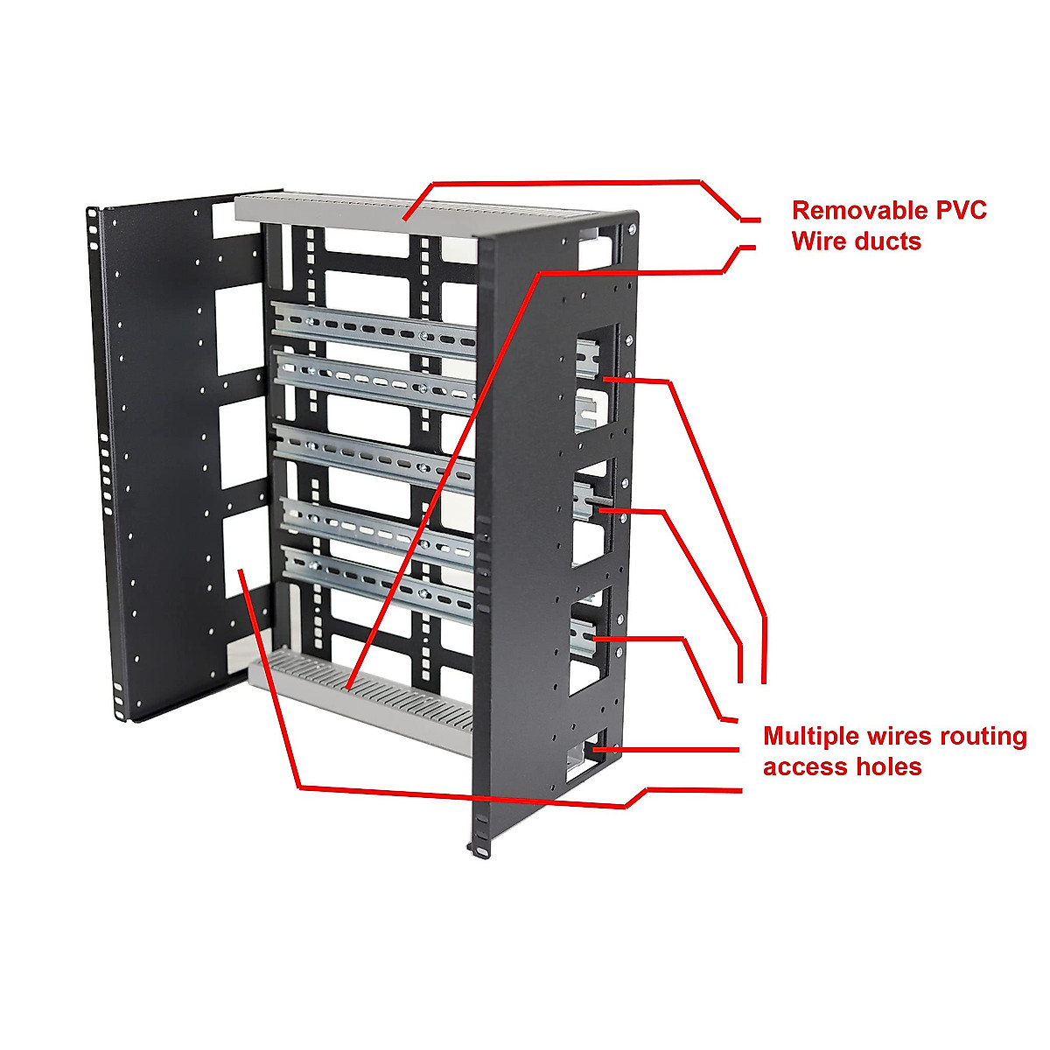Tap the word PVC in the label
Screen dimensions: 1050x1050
tap(958, 210)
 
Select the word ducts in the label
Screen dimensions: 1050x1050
tap(885, 241)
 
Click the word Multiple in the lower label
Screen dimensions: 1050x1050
tap(811, 736)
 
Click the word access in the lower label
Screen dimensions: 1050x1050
tap(804, 767)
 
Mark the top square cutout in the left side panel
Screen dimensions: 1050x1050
tap(239, 329)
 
